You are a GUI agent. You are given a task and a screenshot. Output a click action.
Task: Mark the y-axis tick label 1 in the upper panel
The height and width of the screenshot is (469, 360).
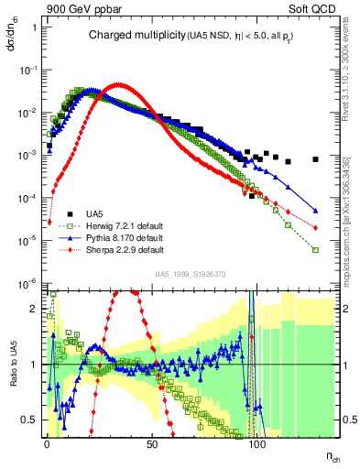[x=33, y=27]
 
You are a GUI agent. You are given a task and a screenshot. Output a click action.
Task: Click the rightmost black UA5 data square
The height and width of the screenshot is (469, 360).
[x=315, y=159]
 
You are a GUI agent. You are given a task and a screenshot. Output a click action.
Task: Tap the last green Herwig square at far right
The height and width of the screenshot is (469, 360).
[x=315, y=249]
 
